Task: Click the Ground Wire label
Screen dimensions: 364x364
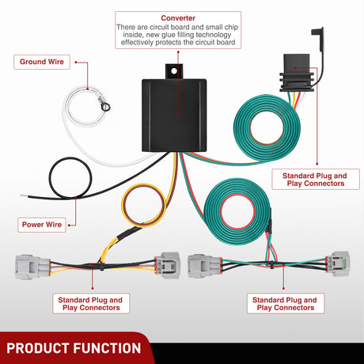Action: click(x=42, y=62)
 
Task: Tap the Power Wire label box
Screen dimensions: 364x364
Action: click(x=42, y=225)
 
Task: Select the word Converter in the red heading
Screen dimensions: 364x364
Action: click(x=178, y=18)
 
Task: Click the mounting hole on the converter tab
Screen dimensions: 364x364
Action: click(x=174, y=71)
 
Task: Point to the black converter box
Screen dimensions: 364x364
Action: click(x=174, y=116)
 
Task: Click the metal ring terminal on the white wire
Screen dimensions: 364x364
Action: click(x=106, y=107)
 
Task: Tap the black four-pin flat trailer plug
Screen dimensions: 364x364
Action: click(x=297, y=73)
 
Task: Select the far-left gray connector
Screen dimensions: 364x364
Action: click(x=32, y=267)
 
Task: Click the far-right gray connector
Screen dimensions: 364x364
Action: click(x=338, y=264)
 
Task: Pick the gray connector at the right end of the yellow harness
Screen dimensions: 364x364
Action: click(x=167, y=265)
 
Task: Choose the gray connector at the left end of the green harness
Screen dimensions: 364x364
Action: click(x=204, y=266)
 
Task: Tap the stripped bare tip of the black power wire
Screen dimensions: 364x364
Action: click(x=24, y=195)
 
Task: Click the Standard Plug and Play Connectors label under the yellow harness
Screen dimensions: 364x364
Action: click(x=91, y=304)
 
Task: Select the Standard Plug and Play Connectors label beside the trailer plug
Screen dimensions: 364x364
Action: click(x=316, y=180)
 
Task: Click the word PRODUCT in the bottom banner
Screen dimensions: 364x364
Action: click(x=37, y=348)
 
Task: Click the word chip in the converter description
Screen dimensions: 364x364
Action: click(x=231, y=27)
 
